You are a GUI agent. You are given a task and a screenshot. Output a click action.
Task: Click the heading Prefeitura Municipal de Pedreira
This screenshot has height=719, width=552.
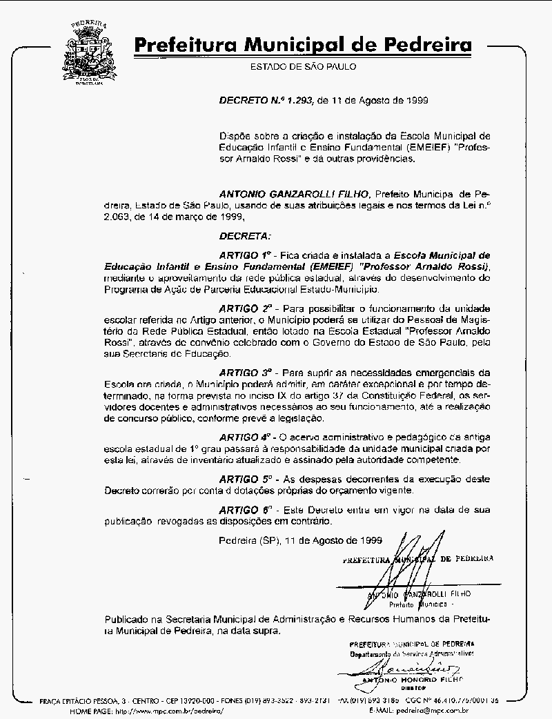[x=304, y=46]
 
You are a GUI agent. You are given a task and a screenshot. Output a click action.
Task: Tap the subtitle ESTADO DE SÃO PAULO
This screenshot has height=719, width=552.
[x=304, y=67]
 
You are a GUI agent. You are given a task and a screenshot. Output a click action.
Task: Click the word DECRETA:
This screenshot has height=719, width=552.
[x=245, y=236]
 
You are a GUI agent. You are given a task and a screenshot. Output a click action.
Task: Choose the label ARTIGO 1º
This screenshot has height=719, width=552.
[x=245, y=254]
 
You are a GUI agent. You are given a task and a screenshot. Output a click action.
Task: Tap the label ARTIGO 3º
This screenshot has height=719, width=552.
[x=245, y=371]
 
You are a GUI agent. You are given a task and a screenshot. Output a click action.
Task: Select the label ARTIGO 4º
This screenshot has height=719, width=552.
[x=245, y=437]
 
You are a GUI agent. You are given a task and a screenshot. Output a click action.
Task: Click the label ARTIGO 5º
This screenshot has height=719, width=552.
[x=246, y=478]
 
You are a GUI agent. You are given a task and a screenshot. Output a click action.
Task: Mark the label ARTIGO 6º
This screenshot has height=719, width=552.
[x=245, y=510]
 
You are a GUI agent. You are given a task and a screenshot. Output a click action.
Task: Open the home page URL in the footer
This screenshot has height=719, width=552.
[x=169, y=710]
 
